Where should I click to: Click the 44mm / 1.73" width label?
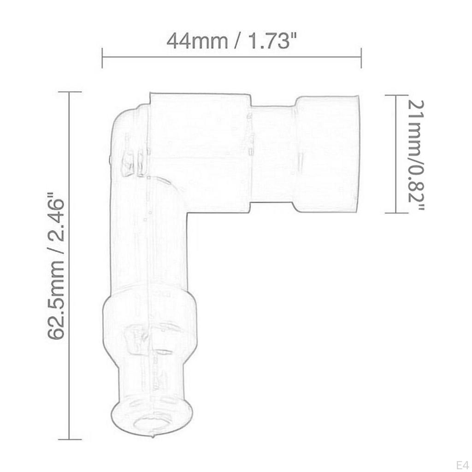230,41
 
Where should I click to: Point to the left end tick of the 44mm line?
102,57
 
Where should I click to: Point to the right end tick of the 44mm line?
361,57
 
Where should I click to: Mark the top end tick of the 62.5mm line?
69,92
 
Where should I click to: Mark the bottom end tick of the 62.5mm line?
69,439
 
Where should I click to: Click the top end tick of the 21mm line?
396,95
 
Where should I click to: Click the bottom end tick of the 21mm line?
396,212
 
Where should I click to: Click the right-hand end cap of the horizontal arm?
326,153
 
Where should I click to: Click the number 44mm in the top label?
197,41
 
